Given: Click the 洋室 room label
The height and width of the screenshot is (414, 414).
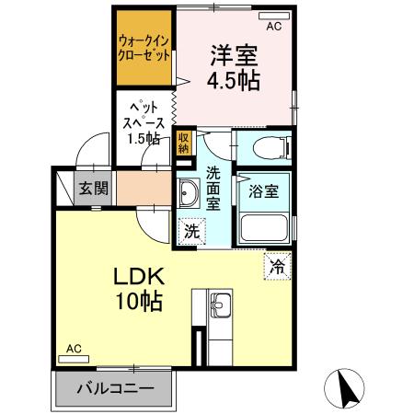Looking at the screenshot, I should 235,54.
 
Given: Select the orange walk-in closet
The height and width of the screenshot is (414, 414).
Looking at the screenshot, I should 144,48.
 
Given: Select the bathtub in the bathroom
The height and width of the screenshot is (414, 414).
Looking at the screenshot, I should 264,227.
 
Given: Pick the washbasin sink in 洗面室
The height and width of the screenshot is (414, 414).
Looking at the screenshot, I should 190,194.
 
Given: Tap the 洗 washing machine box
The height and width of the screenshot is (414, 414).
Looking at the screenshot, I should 190,232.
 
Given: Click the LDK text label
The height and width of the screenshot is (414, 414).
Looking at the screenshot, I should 138,276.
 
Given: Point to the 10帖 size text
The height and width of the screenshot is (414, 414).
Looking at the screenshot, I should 138,301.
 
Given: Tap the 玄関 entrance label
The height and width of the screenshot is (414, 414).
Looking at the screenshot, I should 93,190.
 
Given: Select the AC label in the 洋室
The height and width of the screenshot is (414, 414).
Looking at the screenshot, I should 274,27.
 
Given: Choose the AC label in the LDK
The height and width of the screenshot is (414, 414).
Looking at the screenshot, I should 75,350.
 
